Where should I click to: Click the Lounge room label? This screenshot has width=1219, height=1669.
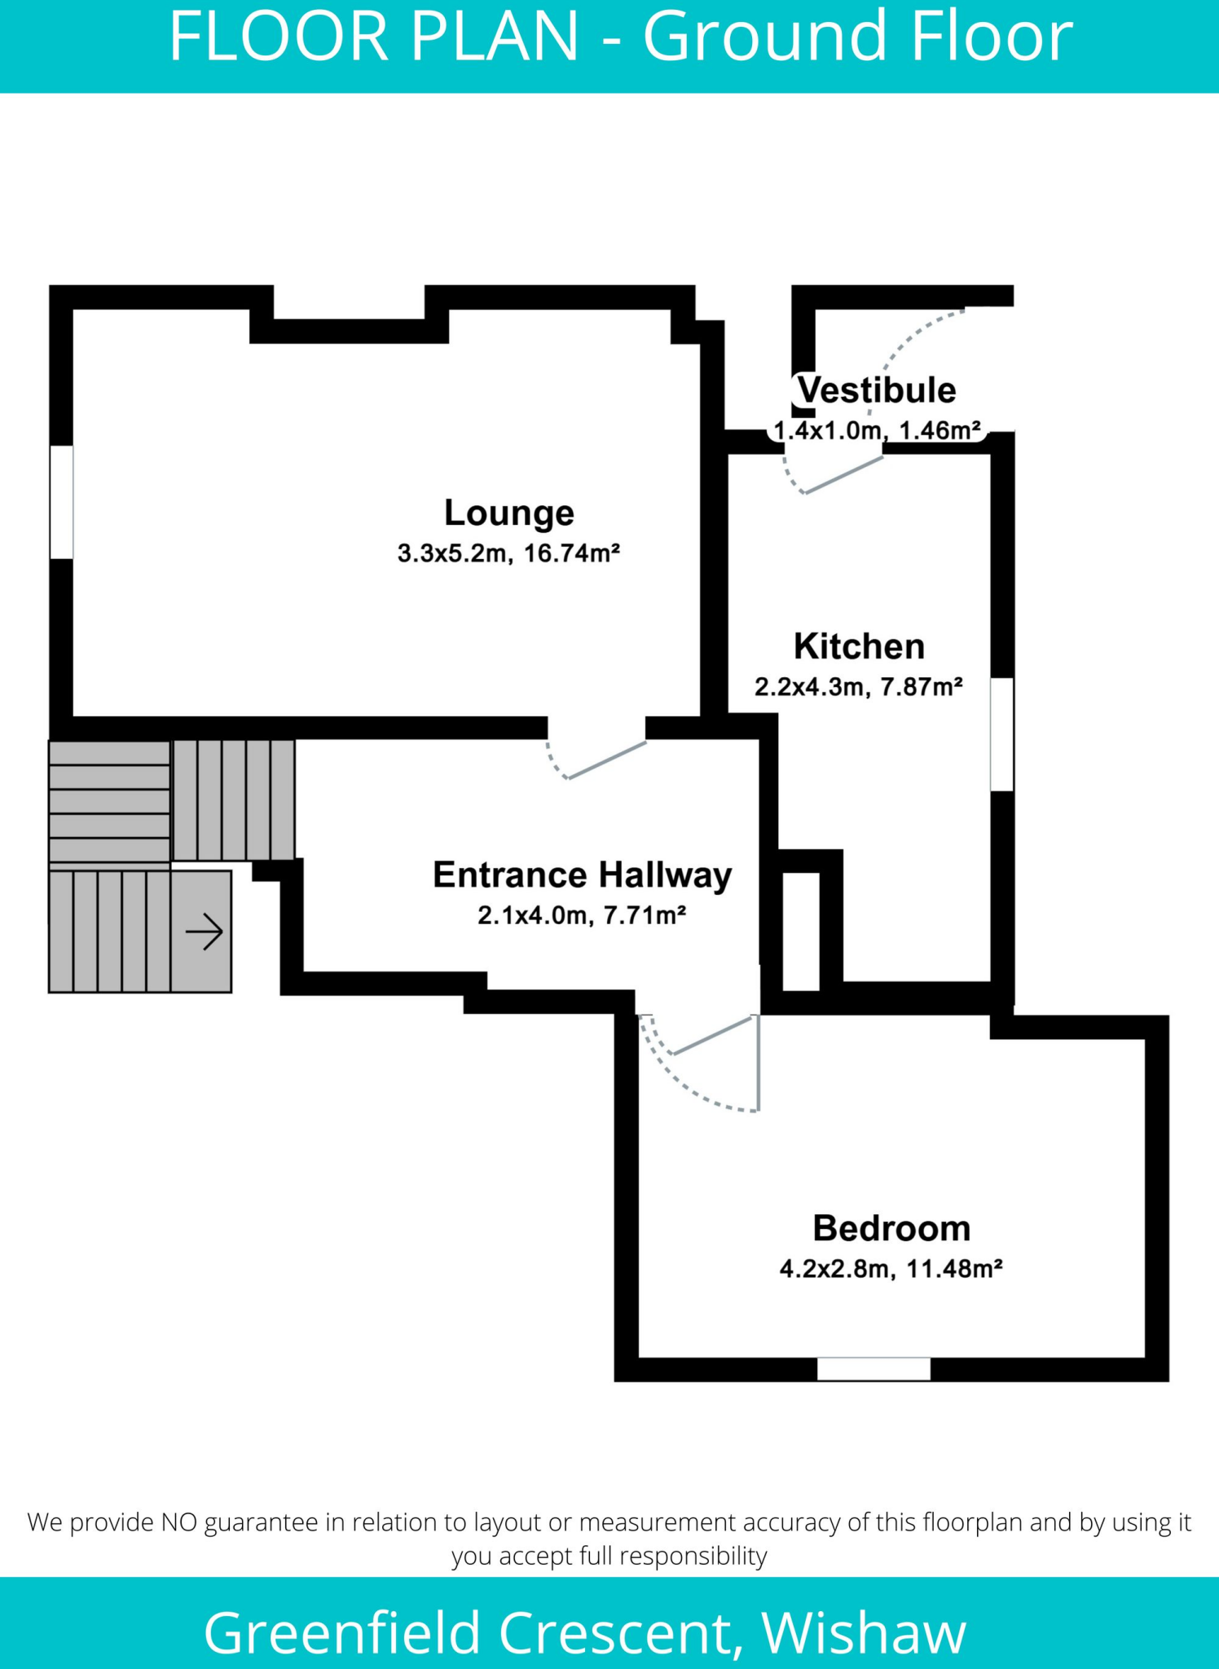coord(509,513)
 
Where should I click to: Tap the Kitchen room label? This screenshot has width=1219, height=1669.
coord(859,647)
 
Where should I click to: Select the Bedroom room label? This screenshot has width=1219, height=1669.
coord(891,1229)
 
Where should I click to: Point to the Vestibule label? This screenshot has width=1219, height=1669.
coord(877,390)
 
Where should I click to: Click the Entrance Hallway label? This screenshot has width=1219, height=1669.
coord(582,875)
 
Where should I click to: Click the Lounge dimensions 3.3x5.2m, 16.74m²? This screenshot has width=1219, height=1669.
coord(509,554)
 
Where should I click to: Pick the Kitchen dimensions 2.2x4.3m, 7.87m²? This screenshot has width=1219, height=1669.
coord(859,688)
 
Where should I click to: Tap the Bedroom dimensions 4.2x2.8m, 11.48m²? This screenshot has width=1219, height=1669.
coord(891,1270)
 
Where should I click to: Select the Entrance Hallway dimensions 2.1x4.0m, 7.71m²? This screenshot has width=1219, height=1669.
coord(582,916)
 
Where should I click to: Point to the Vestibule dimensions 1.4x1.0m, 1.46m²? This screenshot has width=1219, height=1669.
coord(877,430)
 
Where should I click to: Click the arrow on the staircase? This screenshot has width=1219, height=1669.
coord(204,931)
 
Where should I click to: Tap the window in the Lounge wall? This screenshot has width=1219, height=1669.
coord(62,502)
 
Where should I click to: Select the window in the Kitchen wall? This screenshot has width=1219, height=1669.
coord(1002,734)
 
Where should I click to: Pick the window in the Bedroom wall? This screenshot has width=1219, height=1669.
coord(874,1369)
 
